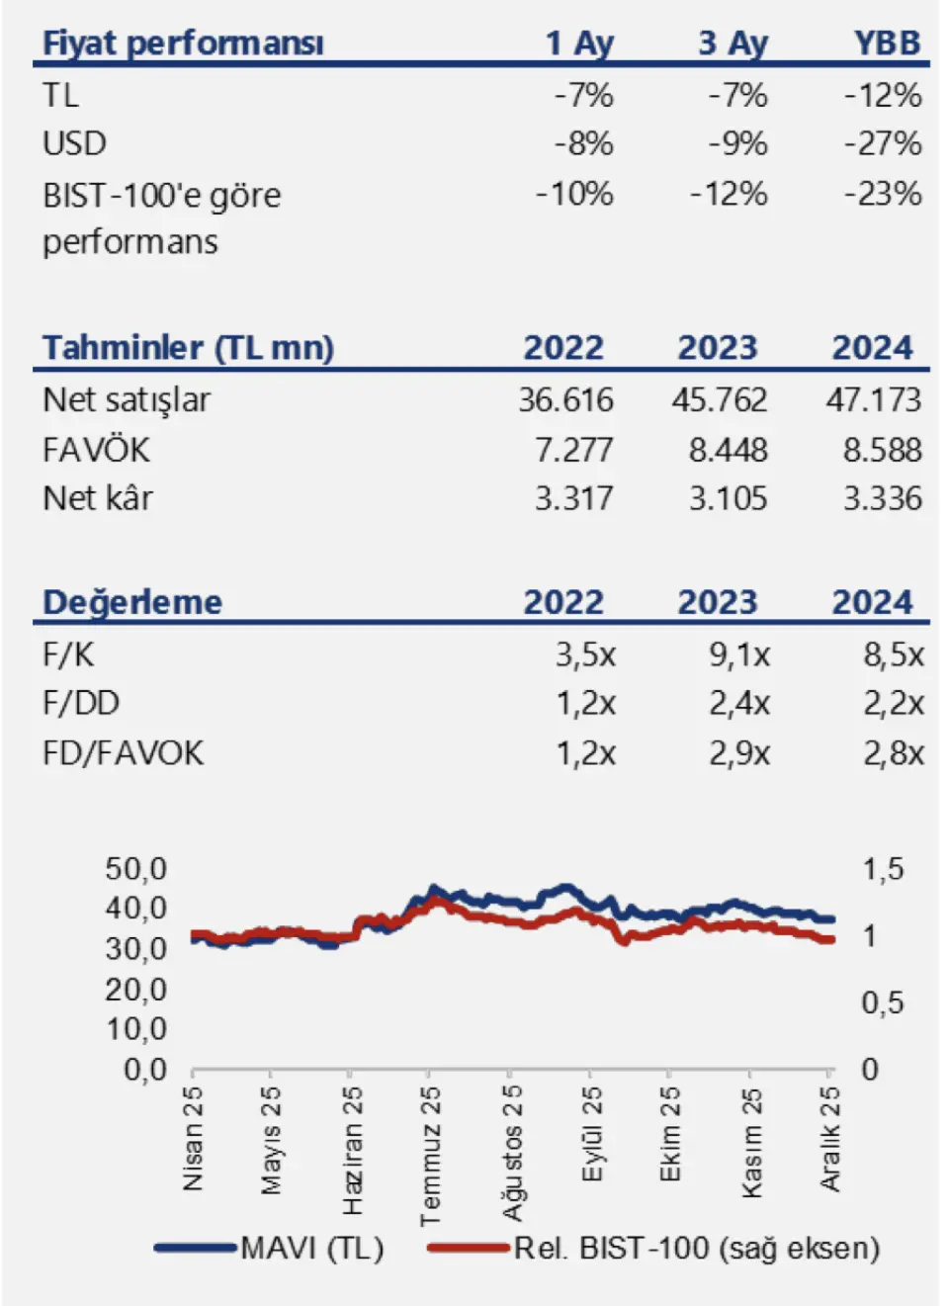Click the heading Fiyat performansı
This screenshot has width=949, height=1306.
183,44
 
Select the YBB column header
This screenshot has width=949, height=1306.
887,44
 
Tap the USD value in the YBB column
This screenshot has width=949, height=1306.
882,144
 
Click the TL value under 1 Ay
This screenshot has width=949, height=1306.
583,96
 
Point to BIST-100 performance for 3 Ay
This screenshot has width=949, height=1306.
729,194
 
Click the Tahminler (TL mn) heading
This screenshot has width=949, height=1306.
188,348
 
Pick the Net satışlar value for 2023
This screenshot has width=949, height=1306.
719,400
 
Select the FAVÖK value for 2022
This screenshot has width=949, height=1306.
573,451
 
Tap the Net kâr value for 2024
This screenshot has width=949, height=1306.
882,499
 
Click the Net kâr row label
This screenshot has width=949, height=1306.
98,499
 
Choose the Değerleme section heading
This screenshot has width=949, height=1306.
132,602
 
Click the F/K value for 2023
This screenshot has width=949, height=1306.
739,654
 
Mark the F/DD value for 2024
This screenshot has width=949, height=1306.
894,704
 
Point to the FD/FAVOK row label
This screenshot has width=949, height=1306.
123,753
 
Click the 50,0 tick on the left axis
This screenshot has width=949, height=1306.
136,869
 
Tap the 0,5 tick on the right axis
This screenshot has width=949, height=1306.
882,1003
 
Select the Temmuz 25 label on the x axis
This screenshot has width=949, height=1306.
430,1155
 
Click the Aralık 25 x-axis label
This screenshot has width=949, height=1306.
830,1138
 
